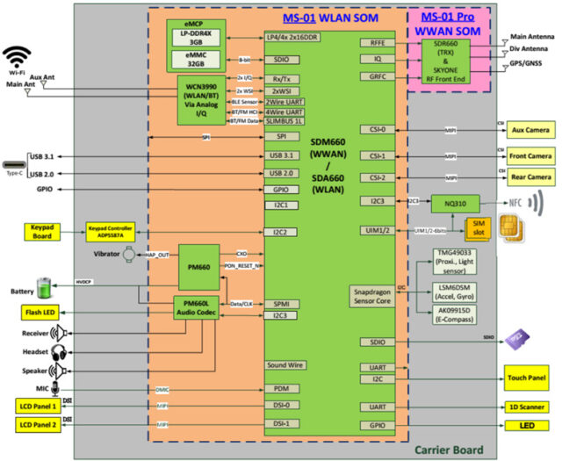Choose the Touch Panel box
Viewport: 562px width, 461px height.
coord(527,379)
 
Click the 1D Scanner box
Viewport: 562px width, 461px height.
coord(527,407)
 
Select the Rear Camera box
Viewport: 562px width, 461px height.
coord(530,177)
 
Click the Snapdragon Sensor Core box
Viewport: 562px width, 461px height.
coord(379,295)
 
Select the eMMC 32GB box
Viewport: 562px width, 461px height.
coord(201,60)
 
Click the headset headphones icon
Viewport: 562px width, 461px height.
coord(60,352)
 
